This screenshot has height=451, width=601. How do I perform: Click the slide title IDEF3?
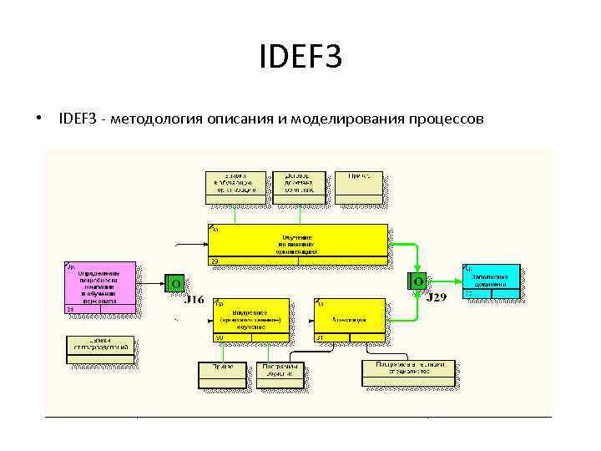pyautogui.click(x=300, y=58)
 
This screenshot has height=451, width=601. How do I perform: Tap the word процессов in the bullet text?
pyautogui.click(x=445, y=119)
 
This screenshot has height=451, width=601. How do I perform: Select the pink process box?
pyautogui.click(x=100, y=289)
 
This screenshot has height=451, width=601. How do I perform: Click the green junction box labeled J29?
pyautogui.click(x=417, y=281)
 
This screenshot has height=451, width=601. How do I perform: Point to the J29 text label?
pyautogui.click(x=436, y=297)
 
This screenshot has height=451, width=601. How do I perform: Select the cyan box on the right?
pyautogui.click(x=492, y=281)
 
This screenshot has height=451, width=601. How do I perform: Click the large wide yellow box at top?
pyautogui.click(x=298, y=244)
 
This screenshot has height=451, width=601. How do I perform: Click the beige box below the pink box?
pyautogui.click(x=100, y=349)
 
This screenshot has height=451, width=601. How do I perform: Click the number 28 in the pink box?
pyautogui.click(x=70, y=310)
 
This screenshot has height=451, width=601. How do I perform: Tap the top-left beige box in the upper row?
pyautogui.click(x=236, y=186)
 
